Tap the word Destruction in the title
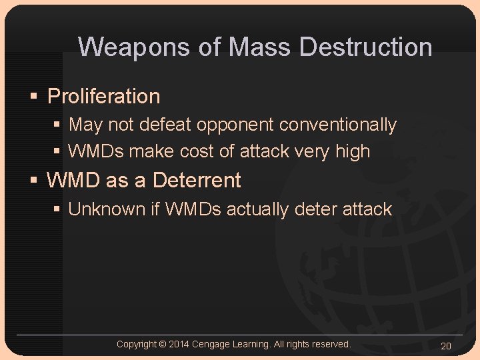click(366, 47)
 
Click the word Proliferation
click(104, 97)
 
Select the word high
click(353, 152)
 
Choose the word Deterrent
click(197, 181)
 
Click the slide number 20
click(446, 345)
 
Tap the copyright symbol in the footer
click(162, 344)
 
